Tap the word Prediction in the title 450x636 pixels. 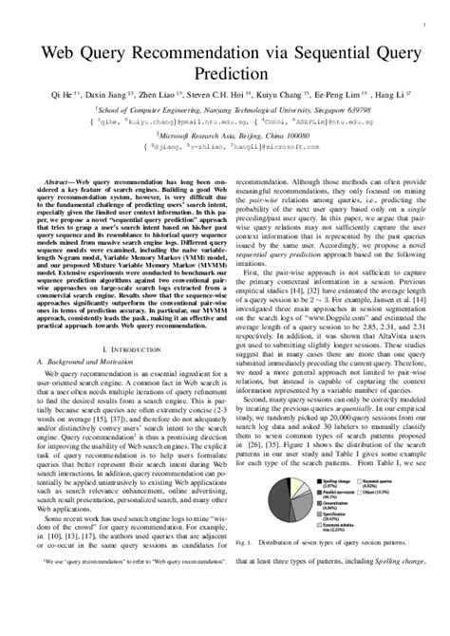pyautogui.click(x=224, y=74)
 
